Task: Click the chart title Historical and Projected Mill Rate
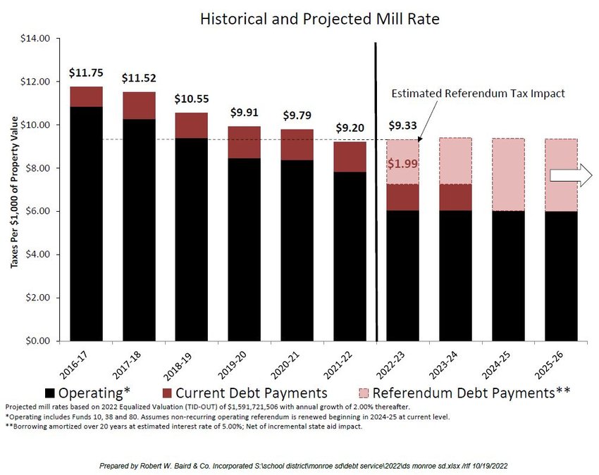tap(319, 19)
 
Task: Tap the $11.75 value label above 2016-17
tap(86, 72)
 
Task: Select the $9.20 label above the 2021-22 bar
tap(350, 128)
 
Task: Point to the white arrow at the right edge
tap(571, 179)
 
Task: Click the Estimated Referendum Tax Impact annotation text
tap(478, 93)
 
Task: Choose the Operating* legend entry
tap(92, 393)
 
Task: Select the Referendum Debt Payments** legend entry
tap(462, 393)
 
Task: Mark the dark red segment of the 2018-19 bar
tap(191, 125)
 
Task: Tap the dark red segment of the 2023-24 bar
tap(455, 197)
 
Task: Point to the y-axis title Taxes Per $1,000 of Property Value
tap(13, 190)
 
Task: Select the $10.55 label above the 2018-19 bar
tap(191, 99)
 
